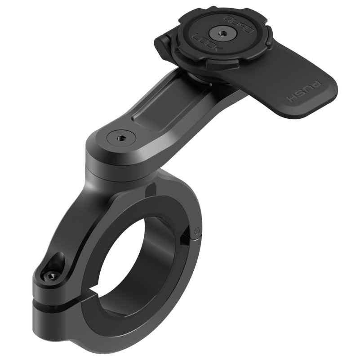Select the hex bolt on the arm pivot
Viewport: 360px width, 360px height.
click(x=121, y=139)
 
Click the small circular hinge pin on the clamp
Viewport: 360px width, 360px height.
click(x=197, y=230)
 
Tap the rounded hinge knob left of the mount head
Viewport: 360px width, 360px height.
click(x=163, y=45)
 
